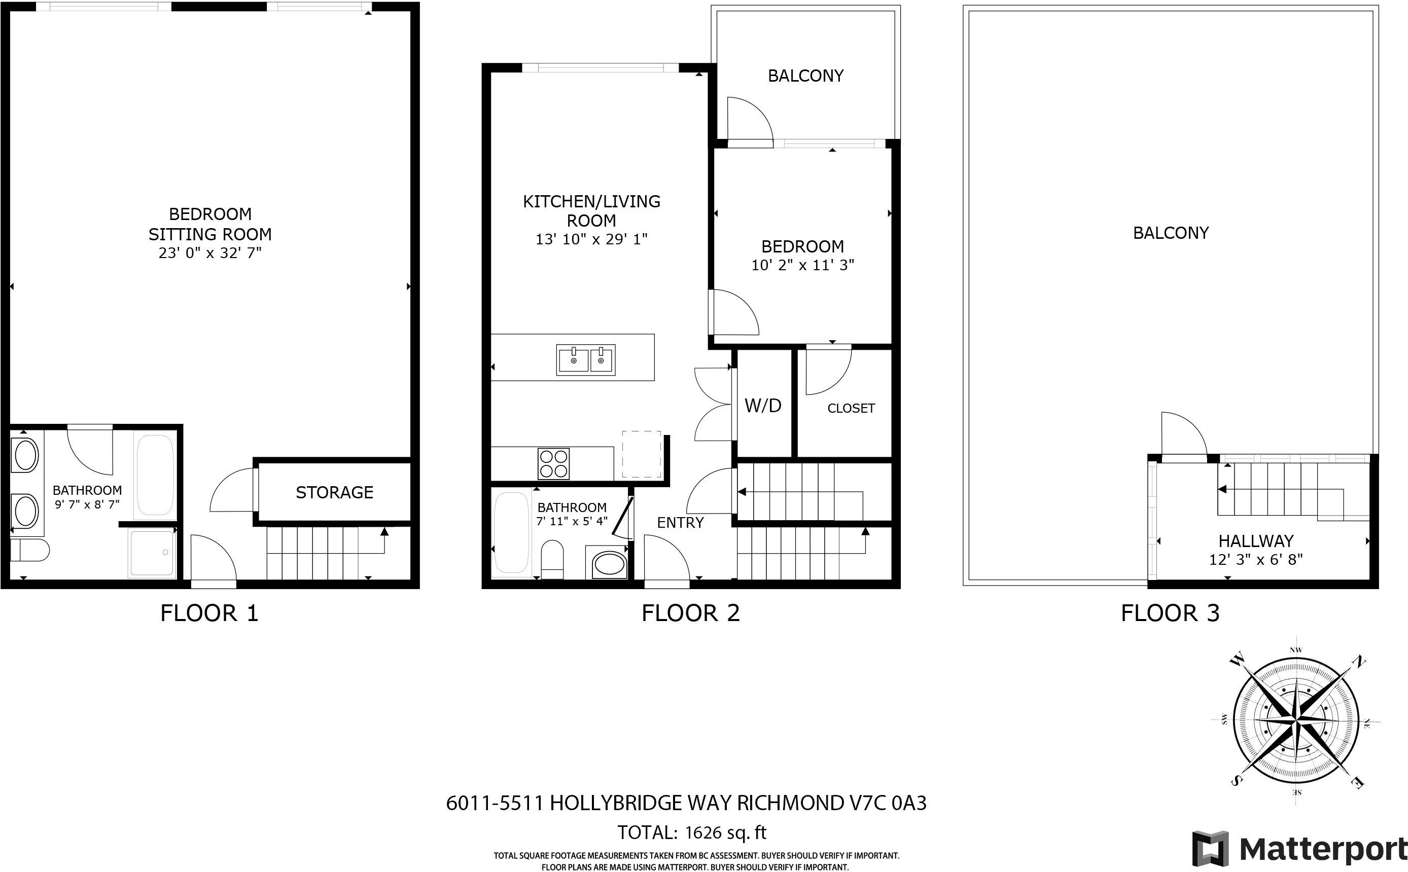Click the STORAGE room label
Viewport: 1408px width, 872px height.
coord(335,492)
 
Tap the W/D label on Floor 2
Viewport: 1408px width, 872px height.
coord(763,406)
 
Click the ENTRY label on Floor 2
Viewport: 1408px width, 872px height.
coord(681,523)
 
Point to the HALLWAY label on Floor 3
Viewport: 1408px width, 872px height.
coord(1256,541)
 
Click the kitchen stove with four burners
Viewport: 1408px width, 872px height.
coord(554,464)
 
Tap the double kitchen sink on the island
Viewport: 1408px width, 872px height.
coord(586,360)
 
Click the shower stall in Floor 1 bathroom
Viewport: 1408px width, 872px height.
coord(152,553)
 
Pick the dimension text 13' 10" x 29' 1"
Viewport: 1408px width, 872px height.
coord(591,239)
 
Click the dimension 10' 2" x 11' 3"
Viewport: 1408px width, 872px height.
coord(802,265)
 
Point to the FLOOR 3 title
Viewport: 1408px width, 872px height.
coord(1170,613)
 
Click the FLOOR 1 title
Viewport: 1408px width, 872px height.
coord(209,613)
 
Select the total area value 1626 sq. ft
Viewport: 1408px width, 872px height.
coord(726,833)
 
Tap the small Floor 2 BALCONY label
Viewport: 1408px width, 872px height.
coord(806,76)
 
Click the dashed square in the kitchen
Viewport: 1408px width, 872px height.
coord(642,454)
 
